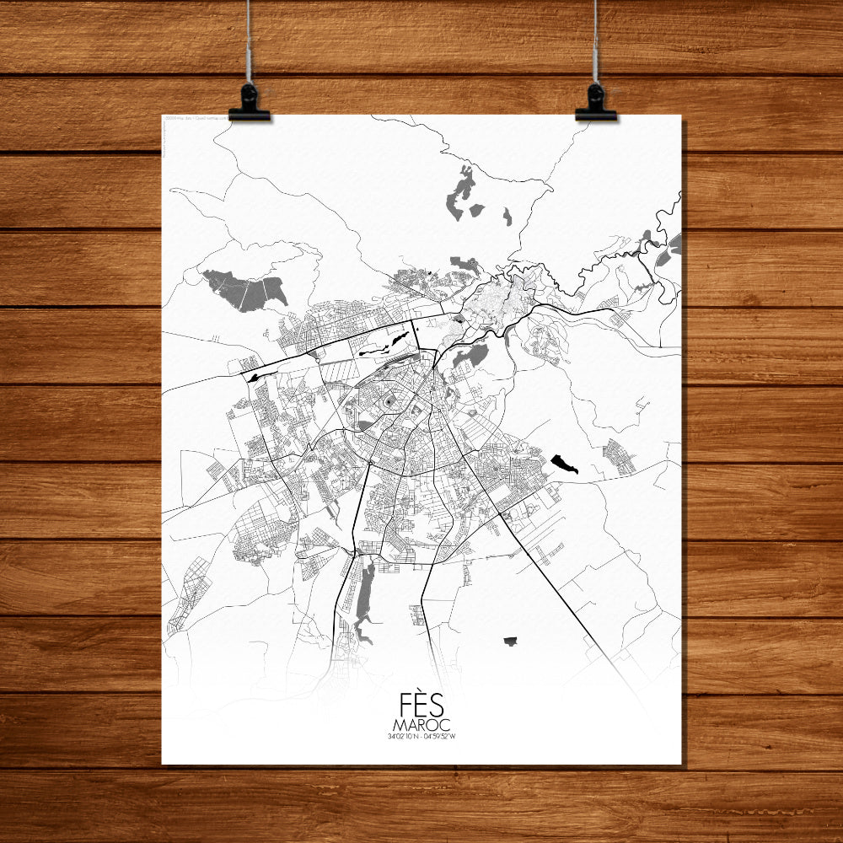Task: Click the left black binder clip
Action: (x=249, y=104)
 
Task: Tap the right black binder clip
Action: (x=595, y=104)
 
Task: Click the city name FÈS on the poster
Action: (x=421, y=706)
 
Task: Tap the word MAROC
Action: (x=421, y=725)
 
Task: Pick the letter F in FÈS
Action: (x=407, y=706)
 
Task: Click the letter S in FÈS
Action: (x=436, y=706)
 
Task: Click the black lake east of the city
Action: (x=564, y=464)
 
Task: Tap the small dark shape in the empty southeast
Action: (x=509, y=642)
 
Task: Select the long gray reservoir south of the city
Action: (x=364, y=599)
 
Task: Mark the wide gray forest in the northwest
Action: (x=244, y=289)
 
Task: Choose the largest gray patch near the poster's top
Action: (x=460, y=193)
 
